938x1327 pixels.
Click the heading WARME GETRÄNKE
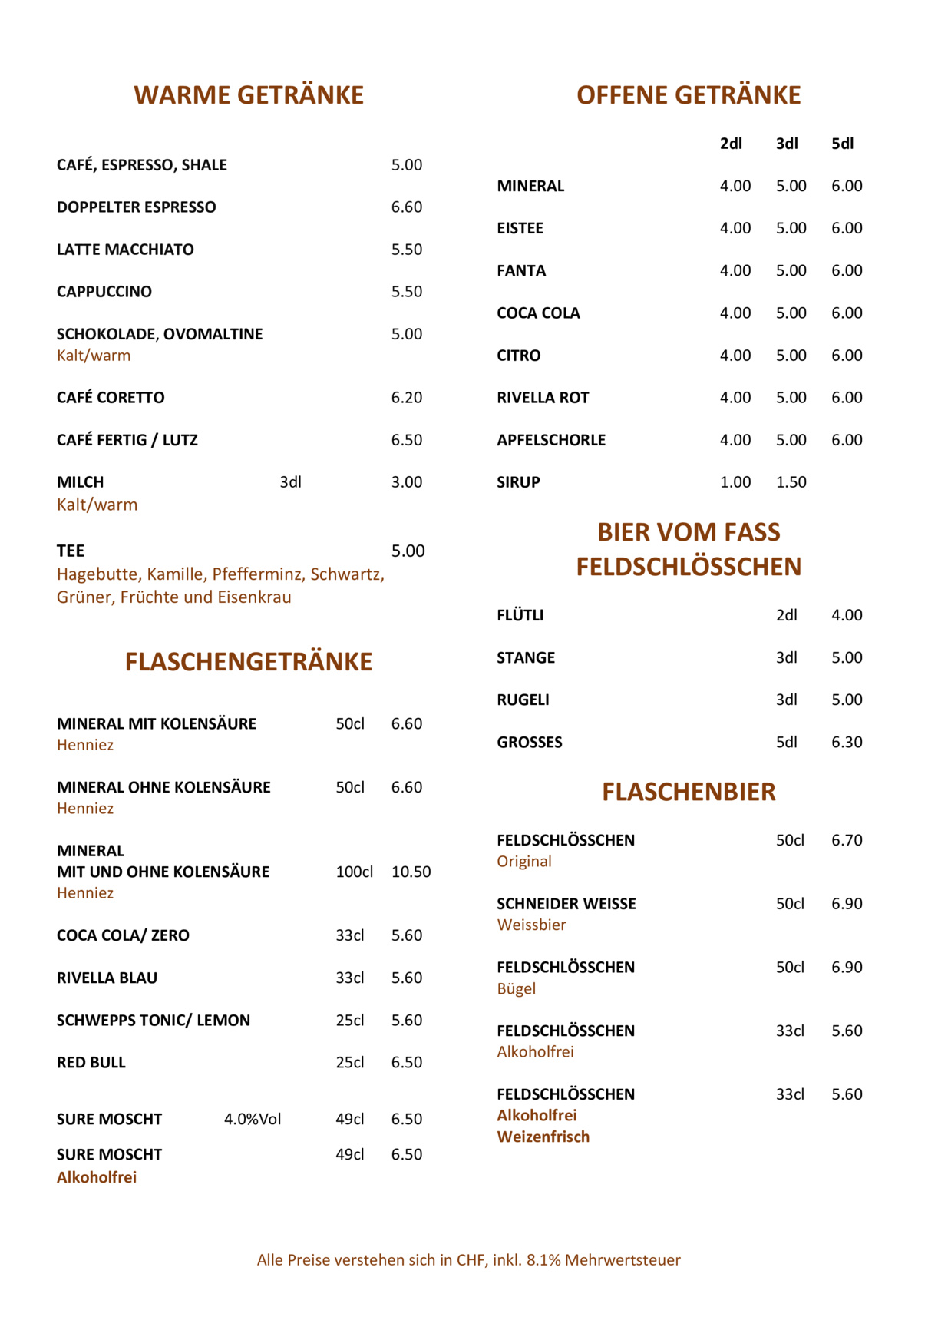click(x=249, y=95)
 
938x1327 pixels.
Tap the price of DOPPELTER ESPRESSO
click(x=407, y=207)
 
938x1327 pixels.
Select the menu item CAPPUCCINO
click(x=104, y=292)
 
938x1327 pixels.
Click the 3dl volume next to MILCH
click(x=290, y=482)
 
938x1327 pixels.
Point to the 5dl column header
click(x=842, y=144)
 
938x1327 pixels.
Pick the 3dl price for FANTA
click(x=791, y=270)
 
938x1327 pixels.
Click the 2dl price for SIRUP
click(x=735, y=482)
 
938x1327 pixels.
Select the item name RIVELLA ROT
click(x=543, y=398)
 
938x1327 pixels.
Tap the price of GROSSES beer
click(x=847, y=742)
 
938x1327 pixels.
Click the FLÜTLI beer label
click(x=520, y=615)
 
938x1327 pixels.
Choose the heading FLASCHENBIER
click(x=689, y=792)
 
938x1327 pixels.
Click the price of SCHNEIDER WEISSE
click(x=847, y=904)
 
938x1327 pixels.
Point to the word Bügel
click(x=516, y=989)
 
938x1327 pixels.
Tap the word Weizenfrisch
click(x=543, y=1137)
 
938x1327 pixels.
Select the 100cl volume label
click(x=354, y=872)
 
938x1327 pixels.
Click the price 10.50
click(x=411, y=872)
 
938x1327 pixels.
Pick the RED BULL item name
click(x=91, y=1063)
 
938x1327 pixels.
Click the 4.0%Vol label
click(x=253, y=1120)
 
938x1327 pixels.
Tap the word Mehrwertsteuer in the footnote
click(x=623, y=1260)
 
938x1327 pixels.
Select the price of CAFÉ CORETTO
click(x=407, y=398)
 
